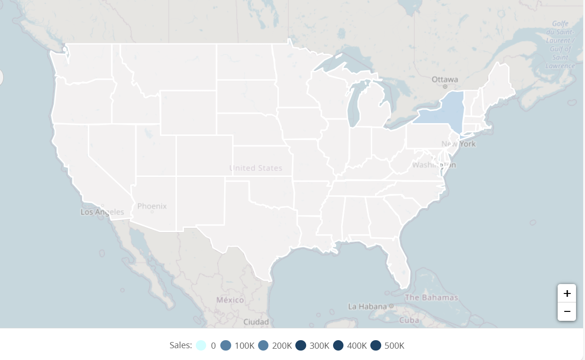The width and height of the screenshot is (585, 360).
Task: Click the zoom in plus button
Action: coord(567,293)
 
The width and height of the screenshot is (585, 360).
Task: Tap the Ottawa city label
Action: coord(445,79)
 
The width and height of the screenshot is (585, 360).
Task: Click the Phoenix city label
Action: coord(152,206)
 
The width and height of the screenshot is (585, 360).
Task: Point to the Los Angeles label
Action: coord(102,212)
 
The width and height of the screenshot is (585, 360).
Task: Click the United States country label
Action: coord(256,168)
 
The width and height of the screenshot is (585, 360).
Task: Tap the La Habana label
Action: coord(367,306)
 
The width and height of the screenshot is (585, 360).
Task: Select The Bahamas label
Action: coord(431,297)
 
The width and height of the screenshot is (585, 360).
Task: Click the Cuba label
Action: coord(409,320)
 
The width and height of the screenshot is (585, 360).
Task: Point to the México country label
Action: coord(230,300)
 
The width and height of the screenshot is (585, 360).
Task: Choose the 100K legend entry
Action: coord(238,345)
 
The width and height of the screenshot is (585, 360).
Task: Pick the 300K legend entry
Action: coord(313,345)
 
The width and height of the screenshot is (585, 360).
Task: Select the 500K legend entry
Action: coord(388,345)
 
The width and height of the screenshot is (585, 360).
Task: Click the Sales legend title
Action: coord(181,345)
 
